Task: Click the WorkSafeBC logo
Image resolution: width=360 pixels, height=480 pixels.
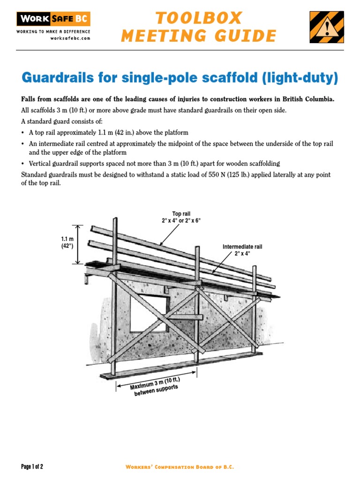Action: (53, 19)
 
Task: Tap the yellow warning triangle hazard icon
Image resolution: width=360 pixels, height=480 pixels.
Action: (326, 27)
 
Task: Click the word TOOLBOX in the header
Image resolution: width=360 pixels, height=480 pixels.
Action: (199, 18)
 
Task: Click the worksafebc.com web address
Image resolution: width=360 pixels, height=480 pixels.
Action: (70, 38)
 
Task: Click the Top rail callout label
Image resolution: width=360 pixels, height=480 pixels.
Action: (181, 214)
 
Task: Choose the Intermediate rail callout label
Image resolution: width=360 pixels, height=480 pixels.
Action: (242, 247)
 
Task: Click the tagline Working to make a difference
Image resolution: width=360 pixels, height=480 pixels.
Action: (53, 31)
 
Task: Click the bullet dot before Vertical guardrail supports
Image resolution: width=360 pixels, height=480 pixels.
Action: (23, 164)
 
